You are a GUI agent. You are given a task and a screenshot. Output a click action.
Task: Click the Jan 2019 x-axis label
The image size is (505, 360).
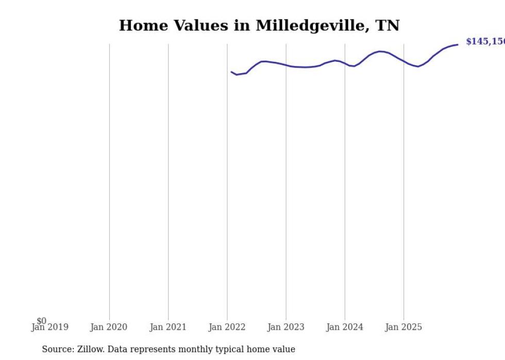50,328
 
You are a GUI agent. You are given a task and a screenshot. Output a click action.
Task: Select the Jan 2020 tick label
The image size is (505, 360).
109,328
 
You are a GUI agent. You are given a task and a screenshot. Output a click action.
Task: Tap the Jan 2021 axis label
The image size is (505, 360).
168,328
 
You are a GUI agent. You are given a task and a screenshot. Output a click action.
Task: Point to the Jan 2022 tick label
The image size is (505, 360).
227,328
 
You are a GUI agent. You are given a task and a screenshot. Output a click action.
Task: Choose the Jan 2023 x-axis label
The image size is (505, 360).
286,328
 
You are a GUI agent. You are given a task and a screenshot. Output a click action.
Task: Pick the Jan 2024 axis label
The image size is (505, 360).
345,328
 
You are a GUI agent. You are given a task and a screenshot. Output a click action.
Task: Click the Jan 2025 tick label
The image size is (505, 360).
403,328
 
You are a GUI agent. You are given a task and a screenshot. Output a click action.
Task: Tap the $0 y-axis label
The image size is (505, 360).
41,321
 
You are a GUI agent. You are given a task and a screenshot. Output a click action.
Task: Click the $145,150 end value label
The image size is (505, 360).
485,42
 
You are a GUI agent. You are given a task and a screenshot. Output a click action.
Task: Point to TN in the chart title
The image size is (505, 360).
387,26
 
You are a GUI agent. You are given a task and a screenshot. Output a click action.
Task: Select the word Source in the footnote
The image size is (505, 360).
58,350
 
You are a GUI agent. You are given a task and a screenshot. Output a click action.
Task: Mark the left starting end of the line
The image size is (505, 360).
231,72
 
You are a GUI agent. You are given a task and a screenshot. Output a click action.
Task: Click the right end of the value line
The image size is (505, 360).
458,44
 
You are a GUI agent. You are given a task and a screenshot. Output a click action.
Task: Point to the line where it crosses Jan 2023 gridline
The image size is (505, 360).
286,65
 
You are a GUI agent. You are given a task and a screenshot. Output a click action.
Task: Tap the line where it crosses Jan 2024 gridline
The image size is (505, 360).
345,63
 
